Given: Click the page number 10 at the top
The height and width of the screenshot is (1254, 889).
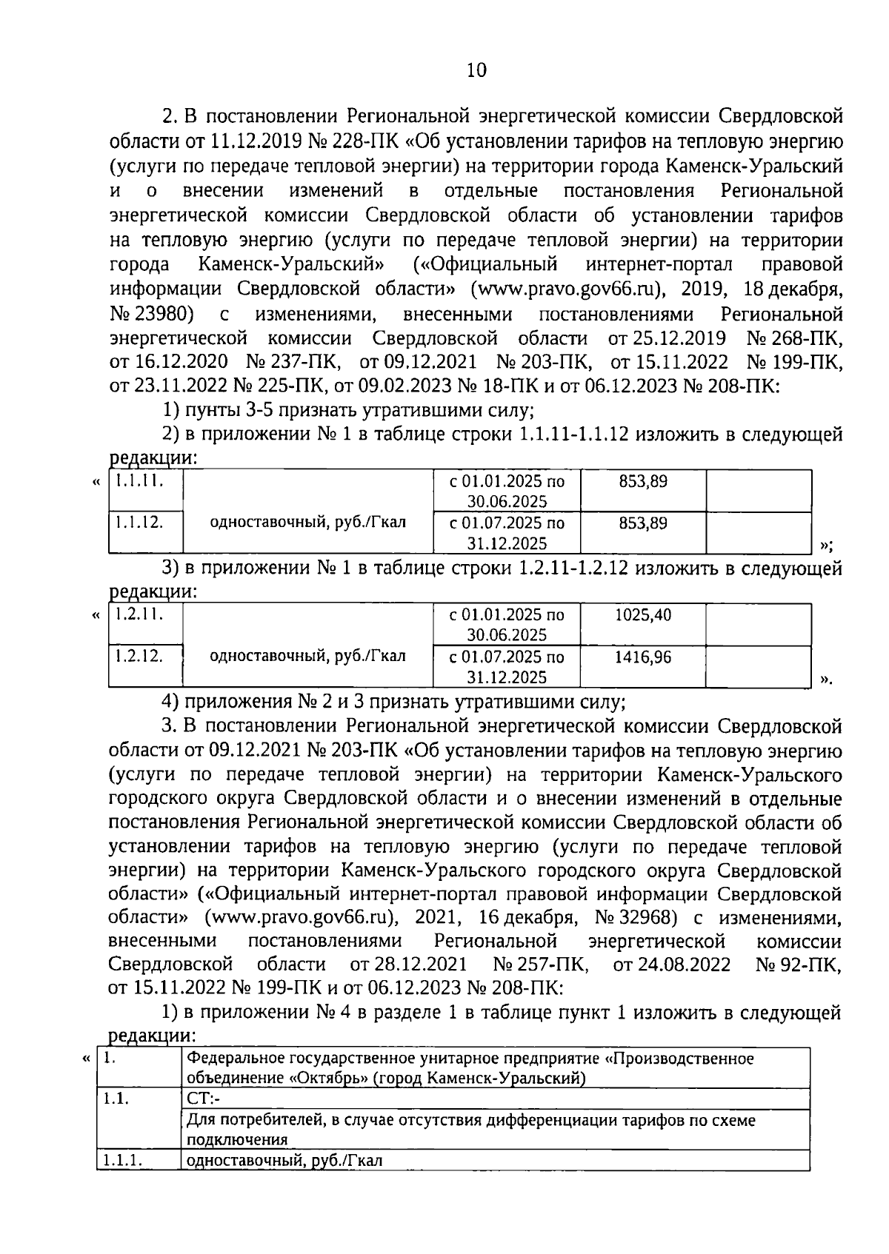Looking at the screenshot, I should (476, 70).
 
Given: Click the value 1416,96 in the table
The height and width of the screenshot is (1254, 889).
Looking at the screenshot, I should (643, 657).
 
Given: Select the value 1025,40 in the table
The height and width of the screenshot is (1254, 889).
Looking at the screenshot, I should (643, 614).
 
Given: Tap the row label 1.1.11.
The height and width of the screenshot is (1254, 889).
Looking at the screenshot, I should (138, 481).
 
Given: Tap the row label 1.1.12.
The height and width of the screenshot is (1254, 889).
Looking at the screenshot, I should (138, 523).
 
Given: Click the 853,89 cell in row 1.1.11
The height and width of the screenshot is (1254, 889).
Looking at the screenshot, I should (643, 481).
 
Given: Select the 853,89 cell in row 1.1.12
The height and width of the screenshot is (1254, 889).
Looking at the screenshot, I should (643, 523).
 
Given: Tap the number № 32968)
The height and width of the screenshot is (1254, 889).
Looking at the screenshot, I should (636, 918).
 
